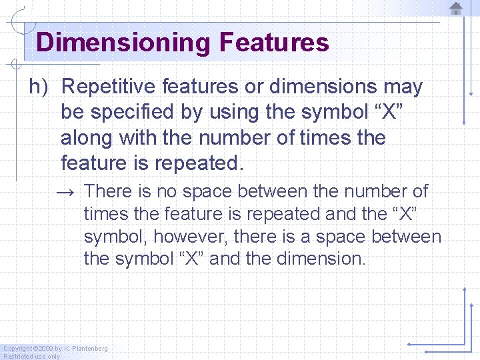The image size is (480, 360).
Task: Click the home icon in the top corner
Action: point(456,9)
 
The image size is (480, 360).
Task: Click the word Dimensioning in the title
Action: point(123,43)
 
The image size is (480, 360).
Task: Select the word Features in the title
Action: point(273,43)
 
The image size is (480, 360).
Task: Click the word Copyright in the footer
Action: point(17,349)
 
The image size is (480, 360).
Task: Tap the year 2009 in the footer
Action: point(46,349)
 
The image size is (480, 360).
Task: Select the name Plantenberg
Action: point(90,349)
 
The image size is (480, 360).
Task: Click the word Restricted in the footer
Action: point(18,356)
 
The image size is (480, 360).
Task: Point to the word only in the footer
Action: point(53,356)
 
